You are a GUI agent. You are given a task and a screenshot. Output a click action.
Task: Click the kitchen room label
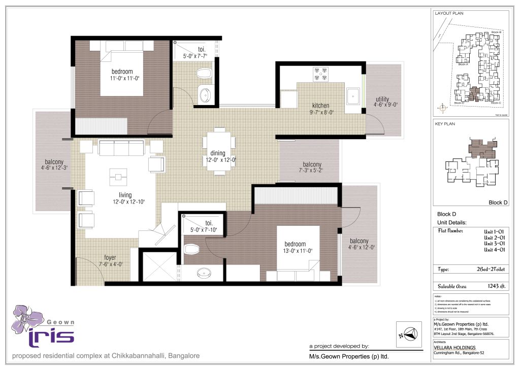pos(320,106)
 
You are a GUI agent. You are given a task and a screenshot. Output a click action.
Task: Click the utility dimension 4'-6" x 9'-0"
pos(385,106)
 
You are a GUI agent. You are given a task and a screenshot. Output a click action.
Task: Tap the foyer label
pos(110,257)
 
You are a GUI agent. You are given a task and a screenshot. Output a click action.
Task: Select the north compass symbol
pos(409,334)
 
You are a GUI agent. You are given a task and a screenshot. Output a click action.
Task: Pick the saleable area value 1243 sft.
pos(492,287)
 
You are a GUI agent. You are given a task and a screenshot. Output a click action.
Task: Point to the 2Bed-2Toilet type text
pos(488,270)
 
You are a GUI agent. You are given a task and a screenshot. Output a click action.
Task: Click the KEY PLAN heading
pos(445,123)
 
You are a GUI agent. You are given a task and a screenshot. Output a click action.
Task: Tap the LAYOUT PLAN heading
pos(449,13)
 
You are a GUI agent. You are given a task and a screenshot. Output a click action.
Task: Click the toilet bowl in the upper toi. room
pos(204,74)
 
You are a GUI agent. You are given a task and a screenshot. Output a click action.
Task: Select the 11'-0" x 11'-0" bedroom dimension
pos(124,78)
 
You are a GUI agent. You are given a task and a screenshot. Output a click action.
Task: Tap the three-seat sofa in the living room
pos(121,148)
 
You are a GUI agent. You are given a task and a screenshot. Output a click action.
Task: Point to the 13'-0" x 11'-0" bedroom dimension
pos(295,251)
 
